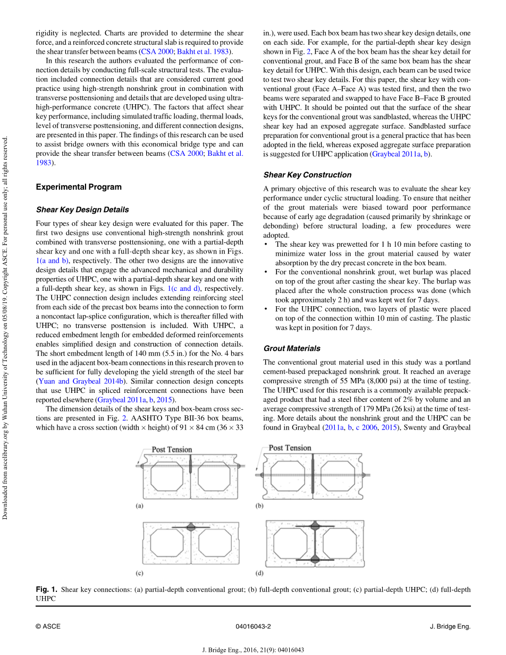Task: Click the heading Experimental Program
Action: [79, 187]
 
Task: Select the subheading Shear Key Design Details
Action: [82, 210]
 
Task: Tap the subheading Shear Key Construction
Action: [307, 175]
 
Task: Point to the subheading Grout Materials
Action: [292, 349]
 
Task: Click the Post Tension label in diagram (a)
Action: [172, 450]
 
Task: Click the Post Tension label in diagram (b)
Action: [290, 448]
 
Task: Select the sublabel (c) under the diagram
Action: [139, 574]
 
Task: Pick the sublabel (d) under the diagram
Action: [259, 574]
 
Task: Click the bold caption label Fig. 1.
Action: [46, 590]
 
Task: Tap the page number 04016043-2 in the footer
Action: [253, 627]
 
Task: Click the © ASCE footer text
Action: [48, 627]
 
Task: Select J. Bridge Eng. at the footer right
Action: [450, 627]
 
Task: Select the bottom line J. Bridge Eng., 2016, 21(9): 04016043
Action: [253, 650]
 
